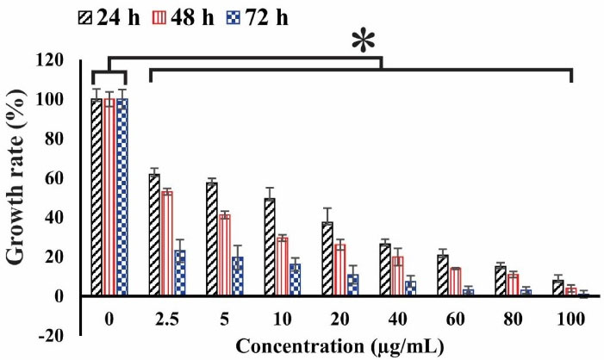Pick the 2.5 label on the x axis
167,319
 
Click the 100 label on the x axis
572,319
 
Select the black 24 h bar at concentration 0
97,197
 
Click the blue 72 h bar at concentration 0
121,197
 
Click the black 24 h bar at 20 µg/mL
328,259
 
